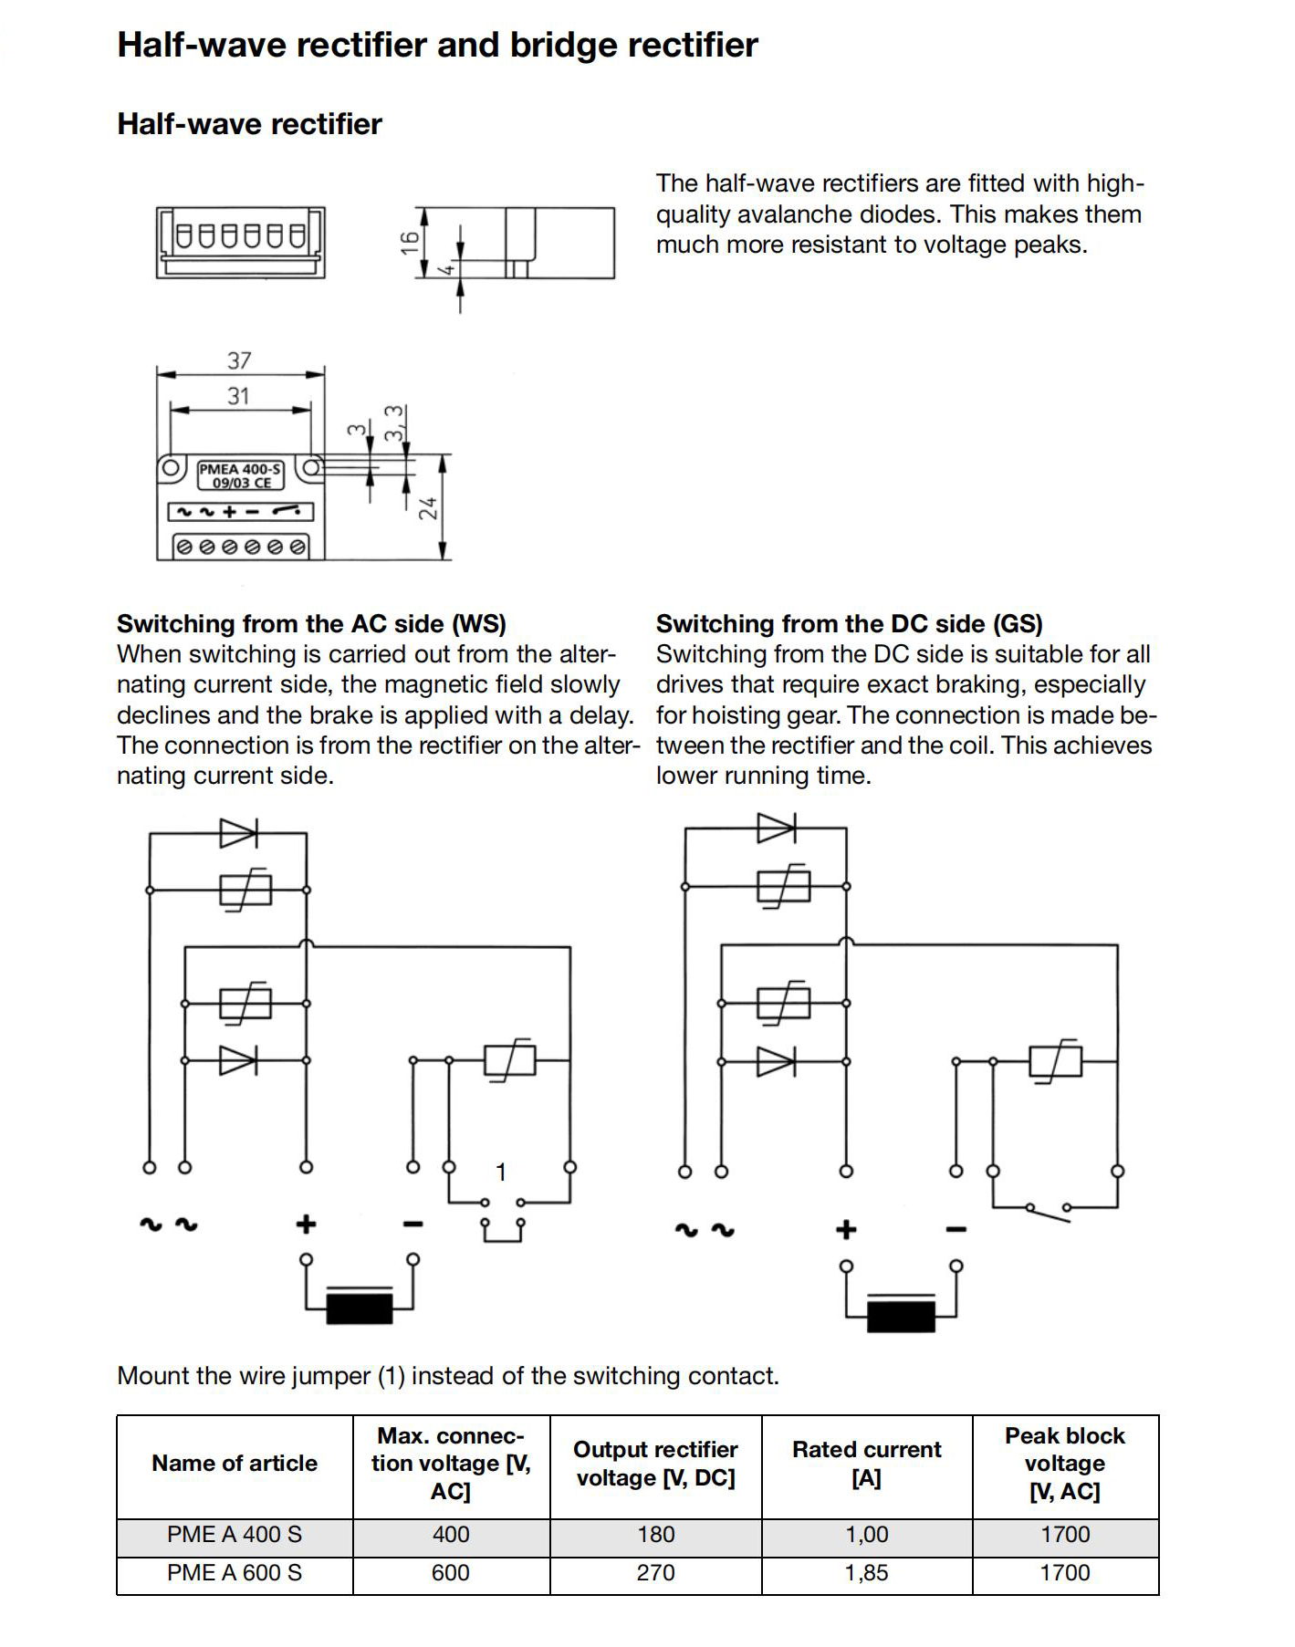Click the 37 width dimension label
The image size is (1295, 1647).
239,360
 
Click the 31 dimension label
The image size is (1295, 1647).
238,396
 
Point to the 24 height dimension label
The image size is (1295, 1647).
428,509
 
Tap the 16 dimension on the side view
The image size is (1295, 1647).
410,242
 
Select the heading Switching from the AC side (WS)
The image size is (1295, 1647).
311,624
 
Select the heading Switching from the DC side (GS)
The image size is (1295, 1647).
849,624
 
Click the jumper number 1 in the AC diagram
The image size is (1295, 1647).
500,1172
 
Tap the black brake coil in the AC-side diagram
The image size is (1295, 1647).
360,1308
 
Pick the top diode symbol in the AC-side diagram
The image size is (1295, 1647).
238,832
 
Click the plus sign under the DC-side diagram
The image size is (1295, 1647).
846,1230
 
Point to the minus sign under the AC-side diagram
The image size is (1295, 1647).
413,1225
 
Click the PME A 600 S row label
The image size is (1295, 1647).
235,1573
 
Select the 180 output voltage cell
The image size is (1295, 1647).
655,1535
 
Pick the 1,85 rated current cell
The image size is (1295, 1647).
866,1573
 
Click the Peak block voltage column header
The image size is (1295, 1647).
1065,1464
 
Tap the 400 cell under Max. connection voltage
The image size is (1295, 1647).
451,1535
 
